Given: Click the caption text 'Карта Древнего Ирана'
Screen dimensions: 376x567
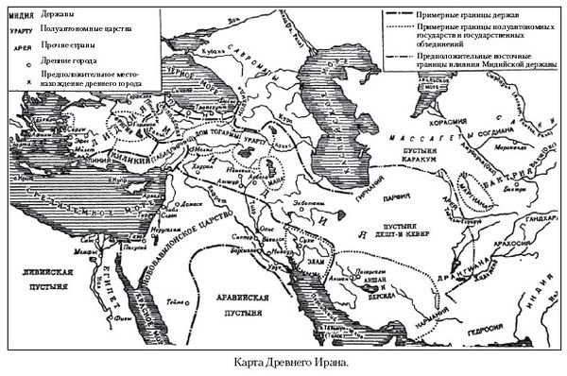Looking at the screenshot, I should pyautogui.click(x=283, y=362).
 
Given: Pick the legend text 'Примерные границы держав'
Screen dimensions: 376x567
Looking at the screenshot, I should pyautogui.click(x=454, y=16).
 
